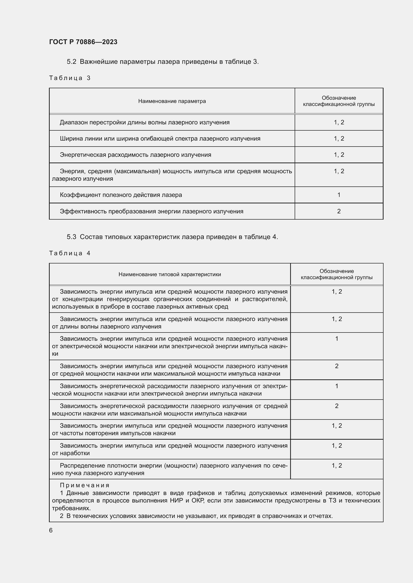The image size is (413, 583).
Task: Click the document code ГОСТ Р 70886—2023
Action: (x=83, y=42)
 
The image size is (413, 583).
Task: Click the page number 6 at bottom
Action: (x=51, y=530)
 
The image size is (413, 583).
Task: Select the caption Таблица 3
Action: (x=70, y=78)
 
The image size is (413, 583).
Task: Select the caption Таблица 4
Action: (x=70, y=253)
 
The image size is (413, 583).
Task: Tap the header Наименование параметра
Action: (x=172, y=101)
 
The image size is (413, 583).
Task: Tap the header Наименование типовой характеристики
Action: (x=170, y=274)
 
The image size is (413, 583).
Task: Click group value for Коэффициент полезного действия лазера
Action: (x=339, y=195)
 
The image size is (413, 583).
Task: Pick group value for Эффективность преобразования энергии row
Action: (x=339, y=211)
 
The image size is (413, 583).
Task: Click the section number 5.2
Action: (x=71, y=62)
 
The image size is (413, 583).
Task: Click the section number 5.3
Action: (x=71, y=237)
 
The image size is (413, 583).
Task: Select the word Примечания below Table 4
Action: (x=85, y=485)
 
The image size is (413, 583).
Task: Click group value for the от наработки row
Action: (x=337, y=446)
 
